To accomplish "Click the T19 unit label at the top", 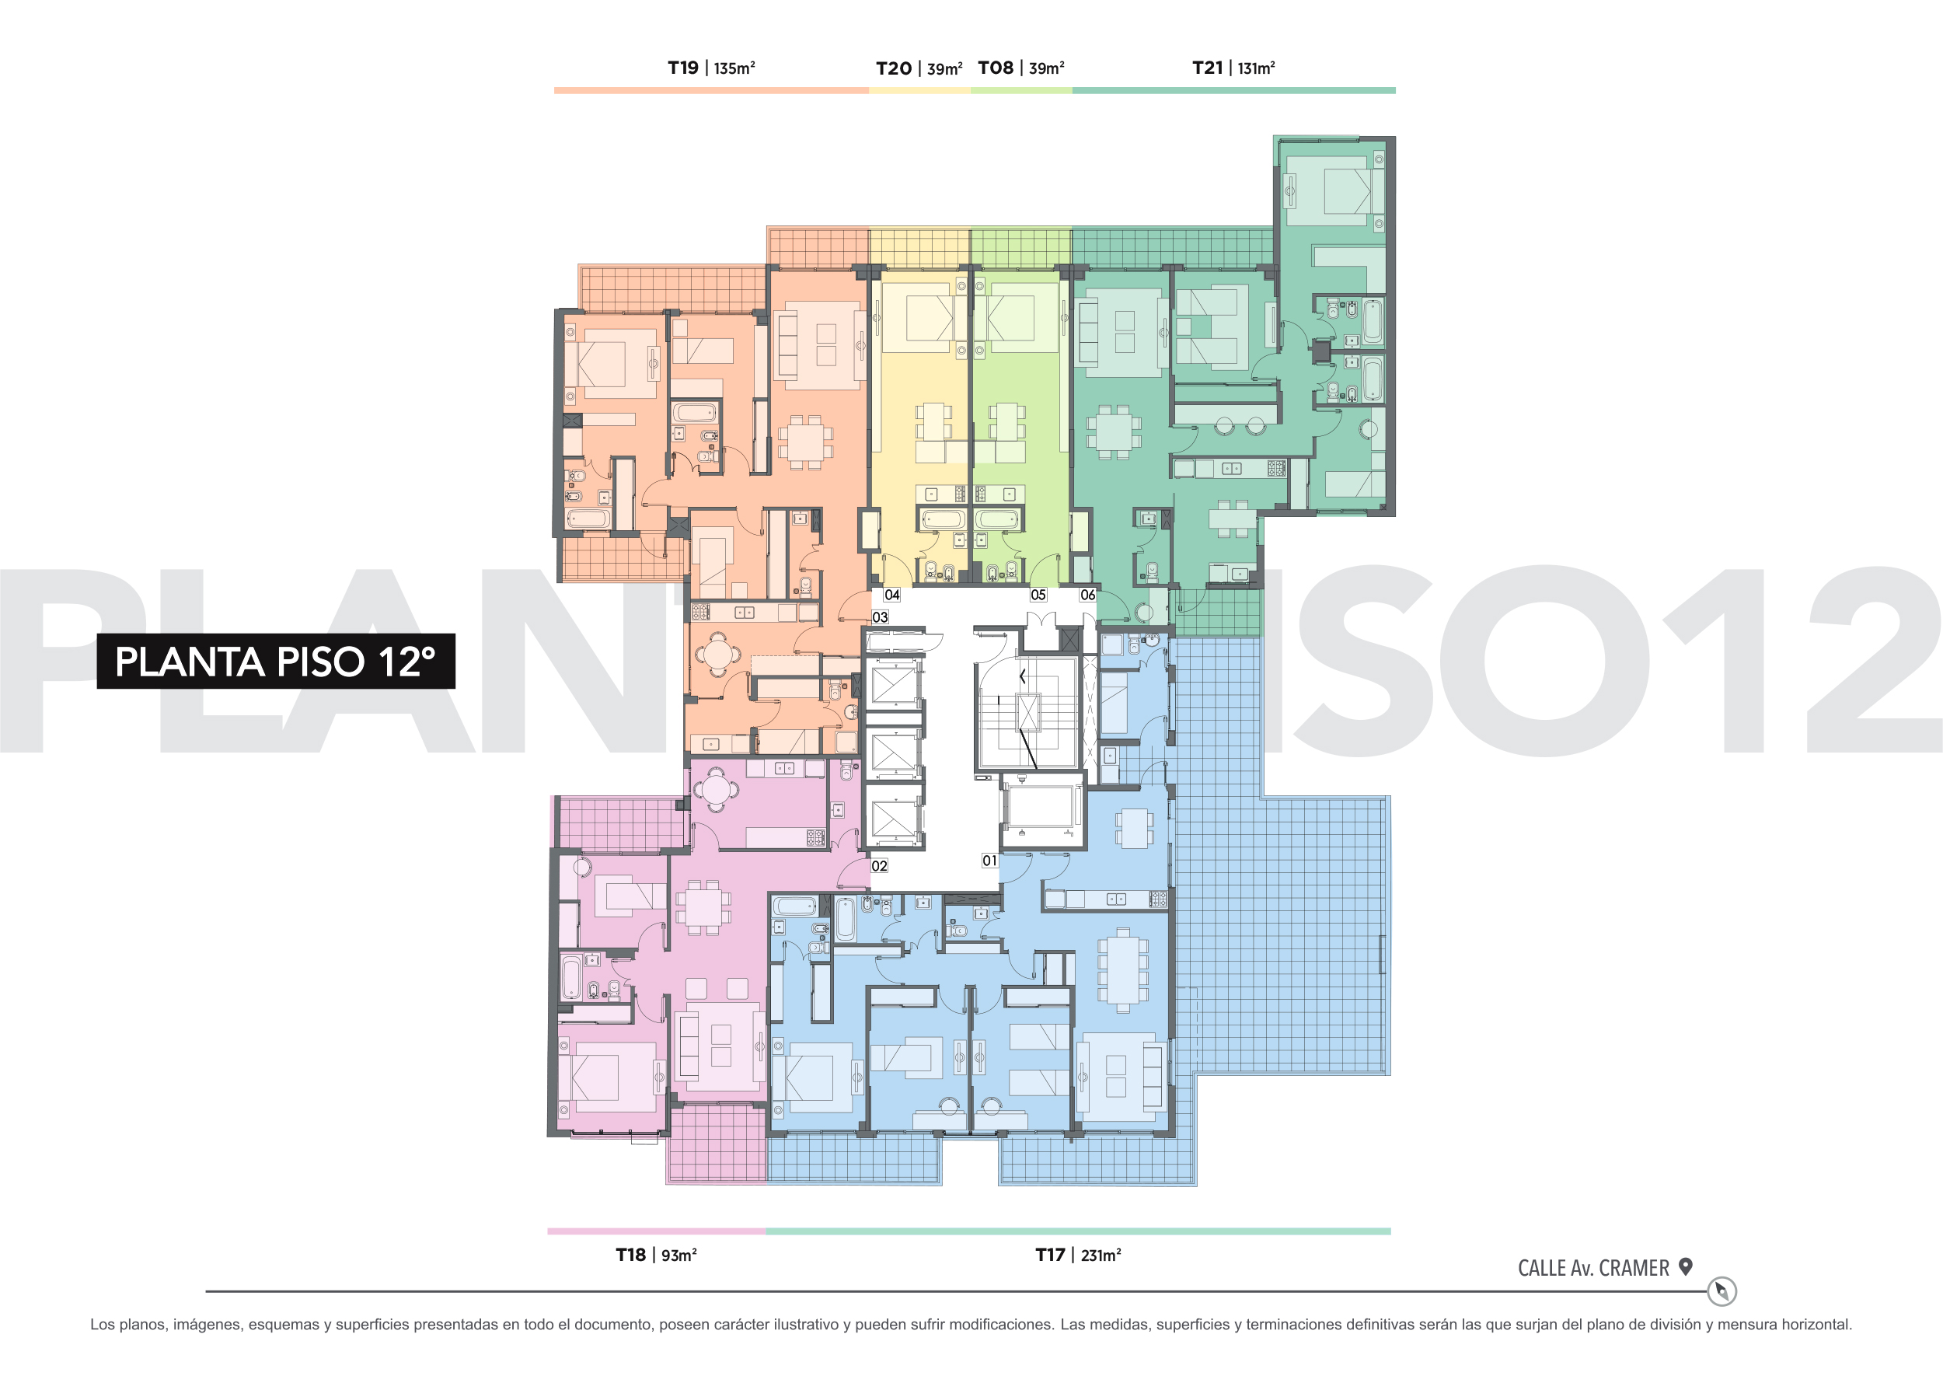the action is [682, 68].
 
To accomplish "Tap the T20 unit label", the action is [893, 69].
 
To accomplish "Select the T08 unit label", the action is [996, 68].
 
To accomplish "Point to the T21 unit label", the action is [1207, 68].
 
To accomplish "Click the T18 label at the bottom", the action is [631, 1255].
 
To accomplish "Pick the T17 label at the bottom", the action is [1051, 1255].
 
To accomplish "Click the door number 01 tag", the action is [989, 860].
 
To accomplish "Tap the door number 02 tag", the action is [880, 865].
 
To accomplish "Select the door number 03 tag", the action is [881, 616].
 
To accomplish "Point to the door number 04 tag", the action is [892, 595].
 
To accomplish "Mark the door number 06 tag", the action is [1088, 595].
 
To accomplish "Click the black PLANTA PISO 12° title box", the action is [276, 661].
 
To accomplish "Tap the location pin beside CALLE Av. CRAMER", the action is [1685, 1266].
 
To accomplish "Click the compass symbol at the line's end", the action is [1721, 1291].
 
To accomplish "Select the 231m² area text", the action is [1101, 1256].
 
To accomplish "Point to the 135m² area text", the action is [734, 68].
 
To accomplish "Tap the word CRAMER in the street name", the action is [1634, 1268].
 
